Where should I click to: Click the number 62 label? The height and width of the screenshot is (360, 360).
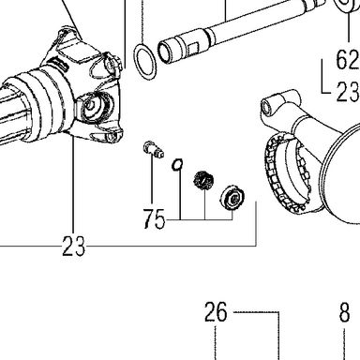tap(348, 59)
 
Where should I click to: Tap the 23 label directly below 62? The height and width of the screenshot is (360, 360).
tap(348, 92)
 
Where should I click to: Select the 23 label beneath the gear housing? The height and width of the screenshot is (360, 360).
tap(73, 246)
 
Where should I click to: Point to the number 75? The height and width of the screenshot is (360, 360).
tap(154, 218)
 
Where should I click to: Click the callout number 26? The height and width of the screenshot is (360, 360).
tap(216, 312)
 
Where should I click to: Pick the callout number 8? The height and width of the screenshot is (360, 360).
tap(344, 312)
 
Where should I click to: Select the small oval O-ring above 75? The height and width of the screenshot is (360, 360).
tap(177, 165)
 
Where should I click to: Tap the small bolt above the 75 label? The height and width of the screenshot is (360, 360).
tap(154, 149)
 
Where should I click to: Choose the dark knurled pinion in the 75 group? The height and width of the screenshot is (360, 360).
tap(203, 181)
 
